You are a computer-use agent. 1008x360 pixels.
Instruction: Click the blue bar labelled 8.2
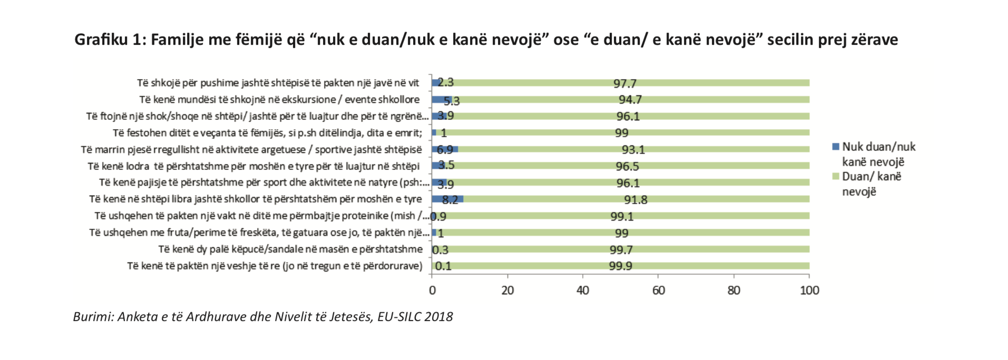[447, 199]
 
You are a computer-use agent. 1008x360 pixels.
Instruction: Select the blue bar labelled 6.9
[445, 149]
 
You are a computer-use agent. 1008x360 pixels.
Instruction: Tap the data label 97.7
[625, 83]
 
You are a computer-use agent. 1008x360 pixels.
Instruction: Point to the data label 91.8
[635, 200]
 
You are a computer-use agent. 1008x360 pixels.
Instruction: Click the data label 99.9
[620, 266]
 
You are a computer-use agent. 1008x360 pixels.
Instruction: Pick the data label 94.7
[630, 100]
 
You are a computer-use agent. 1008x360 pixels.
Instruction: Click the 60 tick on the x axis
[658, 290]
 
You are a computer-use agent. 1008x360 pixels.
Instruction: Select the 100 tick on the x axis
[809, 290]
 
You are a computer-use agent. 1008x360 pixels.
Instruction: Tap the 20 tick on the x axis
[507, 290]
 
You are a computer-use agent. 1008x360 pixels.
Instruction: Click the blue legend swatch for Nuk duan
[836, 147]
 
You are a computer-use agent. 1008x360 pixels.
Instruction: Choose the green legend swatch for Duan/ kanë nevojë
[836, 177]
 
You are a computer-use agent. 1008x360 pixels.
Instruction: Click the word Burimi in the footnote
[93, 317]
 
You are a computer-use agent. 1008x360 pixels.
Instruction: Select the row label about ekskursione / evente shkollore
[279, 100]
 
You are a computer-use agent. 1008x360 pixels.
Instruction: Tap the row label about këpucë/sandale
[290, 249]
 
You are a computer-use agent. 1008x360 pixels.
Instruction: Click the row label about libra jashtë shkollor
[256, 199]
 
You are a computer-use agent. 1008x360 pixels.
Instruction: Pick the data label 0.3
[440, 250]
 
